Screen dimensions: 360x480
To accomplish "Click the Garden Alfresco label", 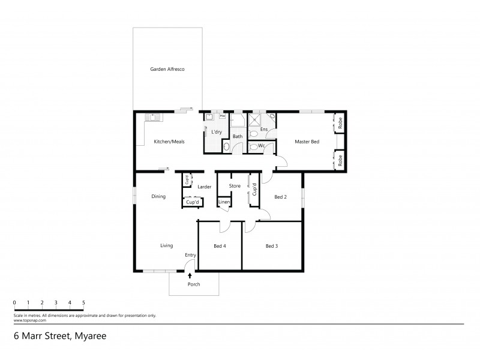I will pos(167,70).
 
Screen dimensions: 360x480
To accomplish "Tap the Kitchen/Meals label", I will pos(169,142).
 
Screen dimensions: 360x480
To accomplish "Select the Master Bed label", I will pos(307,142).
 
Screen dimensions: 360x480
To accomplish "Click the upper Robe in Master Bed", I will pos(340,123).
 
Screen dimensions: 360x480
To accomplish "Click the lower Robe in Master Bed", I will pos(340,160).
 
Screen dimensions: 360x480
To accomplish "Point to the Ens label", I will pos(264,128).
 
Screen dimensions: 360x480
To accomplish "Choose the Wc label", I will pos(262,145).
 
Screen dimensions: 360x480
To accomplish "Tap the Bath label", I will pos(238,137).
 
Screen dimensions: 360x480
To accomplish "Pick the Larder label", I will pos(205,187).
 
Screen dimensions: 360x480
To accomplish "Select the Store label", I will pos(235,186).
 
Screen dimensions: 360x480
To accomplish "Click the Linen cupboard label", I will pos(223,202).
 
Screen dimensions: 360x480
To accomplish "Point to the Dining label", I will pos(158,196).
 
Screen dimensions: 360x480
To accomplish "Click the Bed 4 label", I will pos(220,245).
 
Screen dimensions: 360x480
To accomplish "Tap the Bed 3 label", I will pos(272,245).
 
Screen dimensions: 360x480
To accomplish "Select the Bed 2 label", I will pos(281,196).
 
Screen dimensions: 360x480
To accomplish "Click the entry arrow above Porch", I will pos(190,275).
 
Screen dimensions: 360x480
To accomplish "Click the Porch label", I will pos(193,284).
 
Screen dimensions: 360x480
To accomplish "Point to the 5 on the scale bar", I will pos(83,302).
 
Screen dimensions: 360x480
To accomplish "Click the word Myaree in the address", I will pos(92,337).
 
